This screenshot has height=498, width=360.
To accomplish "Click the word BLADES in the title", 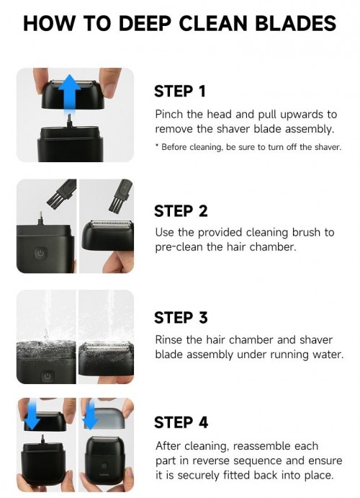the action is pyautogui.click(x=296, y=24).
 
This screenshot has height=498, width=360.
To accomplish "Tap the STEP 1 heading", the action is pyautogui.click(x=180, y=91).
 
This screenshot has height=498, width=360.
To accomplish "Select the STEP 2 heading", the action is pyautogui.click(x=181, y=211).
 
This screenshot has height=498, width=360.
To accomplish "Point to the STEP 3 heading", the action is pyautogui.click(x=181, y=317).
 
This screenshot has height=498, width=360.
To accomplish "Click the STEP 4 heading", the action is pyautogui.click(x=181, y=422).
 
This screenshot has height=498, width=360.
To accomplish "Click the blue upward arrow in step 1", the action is pyautogui.click(x=69, y=94).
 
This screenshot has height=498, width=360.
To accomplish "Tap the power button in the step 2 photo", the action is pyautogui.click(x=40, y=254).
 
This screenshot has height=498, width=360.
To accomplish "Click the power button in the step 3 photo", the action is pyautogui.click(x=48, y=376).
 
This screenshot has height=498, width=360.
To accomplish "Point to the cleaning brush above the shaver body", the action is pyautogui.click(x=62, y=192).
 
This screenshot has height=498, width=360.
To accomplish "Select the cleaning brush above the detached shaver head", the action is pyautogui.click(x=120, y=195).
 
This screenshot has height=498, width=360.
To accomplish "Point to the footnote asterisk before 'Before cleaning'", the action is pyautogui.click(x=157, y=146).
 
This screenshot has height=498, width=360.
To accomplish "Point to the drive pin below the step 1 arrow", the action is pyautogui.click(x=69, y=121).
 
